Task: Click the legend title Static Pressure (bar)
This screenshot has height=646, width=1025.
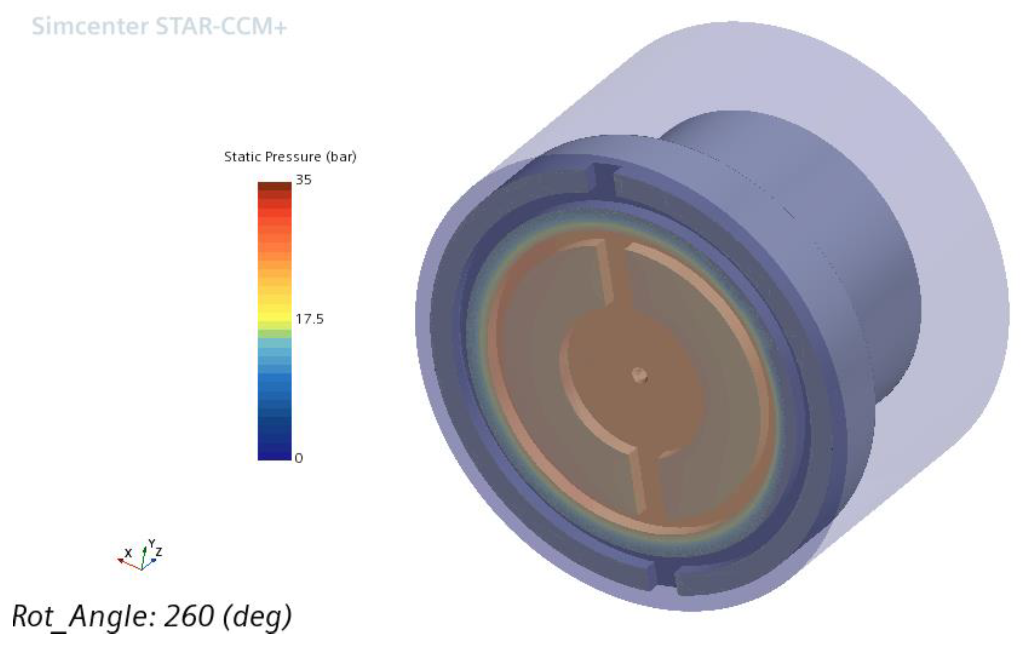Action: point(290,157)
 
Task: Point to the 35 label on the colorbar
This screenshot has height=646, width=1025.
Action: point(303,180)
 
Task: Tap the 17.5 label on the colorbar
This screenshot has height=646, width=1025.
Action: point(309,319)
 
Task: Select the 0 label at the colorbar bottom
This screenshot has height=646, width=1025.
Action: point(299,458)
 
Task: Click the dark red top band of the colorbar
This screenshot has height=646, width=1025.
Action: point(274,186)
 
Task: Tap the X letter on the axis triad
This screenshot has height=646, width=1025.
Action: point(128,553)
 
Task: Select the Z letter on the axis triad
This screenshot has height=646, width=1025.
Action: point(159,552)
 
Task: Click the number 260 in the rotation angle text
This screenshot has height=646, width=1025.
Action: point(189,616)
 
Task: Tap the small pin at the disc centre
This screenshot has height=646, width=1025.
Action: point(639,375)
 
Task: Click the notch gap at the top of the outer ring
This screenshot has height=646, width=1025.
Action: point(604,179)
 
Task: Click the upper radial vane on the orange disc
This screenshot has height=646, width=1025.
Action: point(605,272)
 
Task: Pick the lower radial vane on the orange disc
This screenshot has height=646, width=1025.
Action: point(639,481)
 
